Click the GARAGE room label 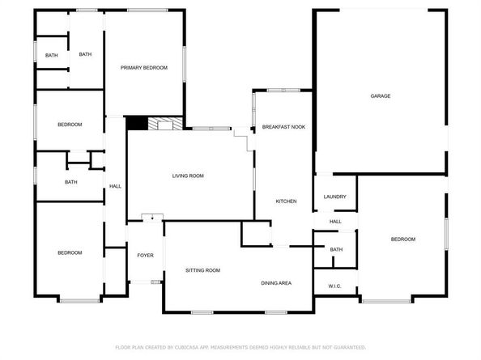[x=381, y=96]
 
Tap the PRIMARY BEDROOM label [x=144, y=67]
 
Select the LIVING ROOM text [x=188, y=176]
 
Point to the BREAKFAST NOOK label [x=283, y=126]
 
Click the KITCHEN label [x=286, y=201]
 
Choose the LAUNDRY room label [x=334, y=197]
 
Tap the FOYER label [x=145, y=255]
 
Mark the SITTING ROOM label [x=202, y=270]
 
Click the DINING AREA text [x=276, y=283]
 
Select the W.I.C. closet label [x=334, y=286]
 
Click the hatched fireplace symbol [x=165, y=123]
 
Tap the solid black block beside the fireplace [x=137, y=123]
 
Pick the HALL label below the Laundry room [x=335, y=221]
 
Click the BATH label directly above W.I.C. [x=336, y=249]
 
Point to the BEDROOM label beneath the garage [x=403, y=239]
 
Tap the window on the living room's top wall [x=211, y=129]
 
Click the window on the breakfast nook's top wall [x=283, y=90]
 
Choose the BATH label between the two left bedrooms [x=71, y=182]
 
